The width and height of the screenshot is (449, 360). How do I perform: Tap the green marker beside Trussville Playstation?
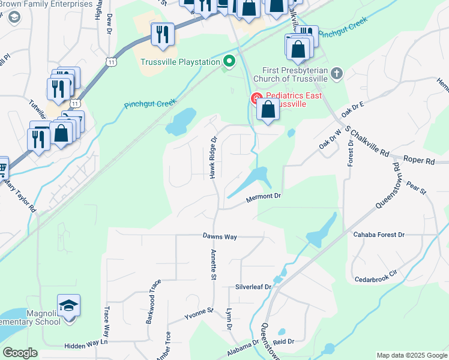229,61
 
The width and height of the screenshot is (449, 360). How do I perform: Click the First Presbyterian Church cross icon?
337,73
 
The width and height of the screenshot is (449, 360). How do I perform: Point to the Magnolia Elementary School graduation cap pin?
69,305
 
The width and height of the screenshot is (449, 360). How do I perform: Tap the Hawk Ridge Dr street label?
212,157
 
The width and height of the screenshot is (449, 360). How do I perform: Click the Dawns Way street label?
220,237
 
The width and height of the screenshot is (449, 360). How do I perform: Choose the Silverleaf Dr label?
253,287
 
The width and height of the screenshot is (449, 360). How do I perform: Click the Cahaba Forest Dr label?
379,235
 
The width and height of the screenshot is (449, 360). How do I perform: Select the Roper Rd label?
418,161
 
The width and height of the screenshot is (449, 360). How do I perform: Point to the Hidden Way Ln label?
86,345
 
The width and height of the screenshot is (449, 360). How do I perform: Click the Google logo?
20,353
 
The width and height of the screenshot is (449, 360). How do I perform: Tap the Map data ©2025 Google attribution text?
411,355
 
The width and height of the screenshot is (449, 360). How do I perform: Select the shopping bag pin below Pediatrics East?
268,110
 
